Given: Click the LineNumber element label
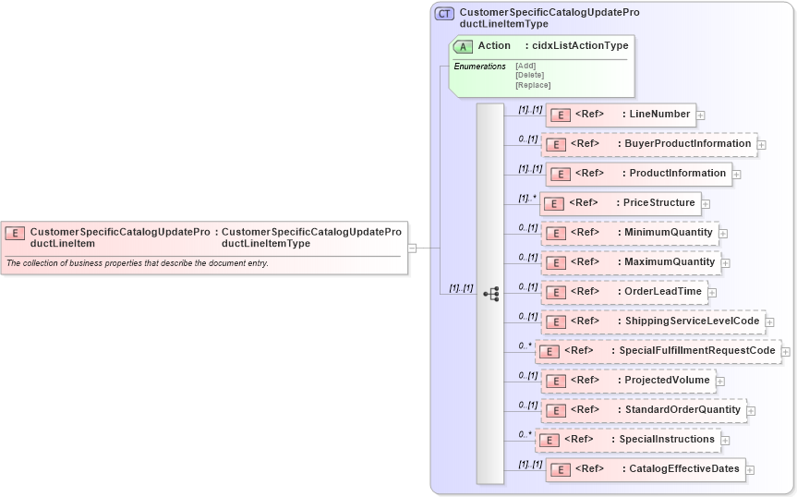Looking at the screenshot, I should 659,115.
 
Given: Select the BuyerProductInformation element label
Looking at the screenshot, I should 688,144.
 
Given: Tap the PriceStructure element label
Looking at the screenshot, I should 658,203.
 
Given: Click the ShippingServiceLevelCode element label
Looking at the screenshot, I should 692,321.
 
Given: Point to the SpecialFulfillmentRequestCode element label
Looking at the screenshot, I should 696,351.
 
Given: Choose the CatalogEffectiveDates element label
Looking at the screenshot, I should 684,469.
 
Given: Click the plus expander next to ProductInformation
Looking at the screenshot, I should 737,174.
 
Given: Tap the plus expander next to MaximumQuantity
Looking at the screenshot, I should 726,263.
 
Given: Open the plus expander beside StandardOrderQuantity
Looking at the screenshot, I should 752,410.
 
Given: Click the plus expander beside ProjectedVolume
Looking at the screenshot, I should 720,381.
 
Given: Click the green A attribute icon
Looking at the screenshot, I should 463,46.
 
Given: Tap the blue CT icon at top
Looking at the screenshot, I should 444,14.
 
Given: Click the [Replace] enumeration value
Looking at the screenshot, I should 533,85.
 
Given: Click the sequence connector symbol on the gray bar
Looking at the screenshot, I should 491,293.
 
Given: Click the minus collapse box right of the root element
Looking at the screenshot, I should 412,248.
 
